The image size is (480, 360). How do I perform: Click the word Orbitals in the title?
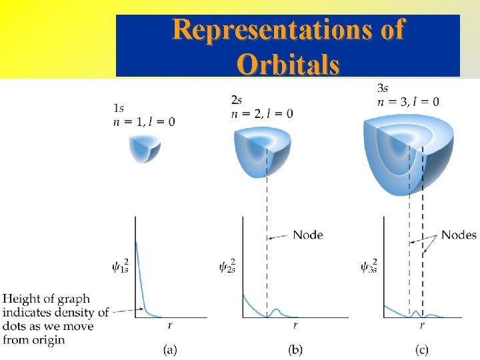coord(288,65)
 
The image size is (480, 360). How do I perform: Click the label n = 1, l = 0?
coord(144,121)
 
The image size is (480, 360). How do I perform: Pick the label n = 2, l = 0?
coord(261,114)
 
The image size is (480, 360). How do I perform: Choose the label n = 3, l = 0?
coord(407,101)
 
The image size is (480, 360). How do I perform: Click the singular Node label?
coord(307,235)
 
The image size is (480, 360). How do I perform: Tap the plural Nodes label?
coord(459,235)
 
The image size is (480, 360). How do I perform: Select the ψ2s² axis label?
coord(227,267)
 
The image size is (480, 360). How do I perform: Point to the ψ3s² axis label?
coord(368,267)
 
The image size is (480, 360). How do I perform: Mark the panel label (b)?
coord(295,349)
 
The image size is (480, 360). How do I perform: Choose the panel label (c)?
coord(421,349)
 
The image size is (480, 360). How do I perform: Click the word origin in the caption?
coord(50,340)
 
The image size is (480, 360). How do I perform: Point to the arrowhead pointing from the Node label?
coord(270,237)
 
